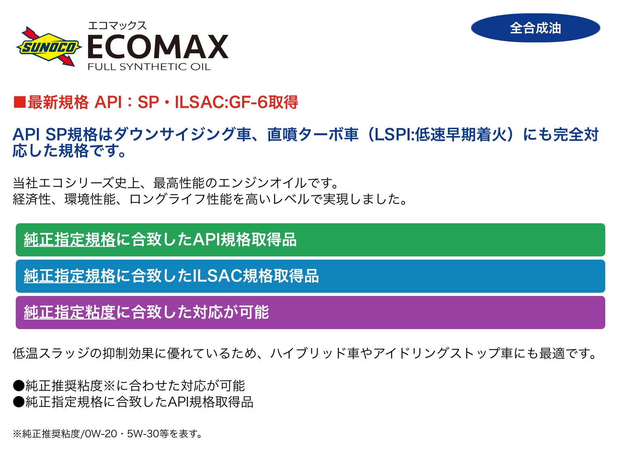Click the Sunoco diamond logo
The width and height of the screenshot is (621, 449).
(49, 46)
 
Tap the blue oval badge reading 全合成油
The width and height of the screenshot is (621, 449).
(535, 28)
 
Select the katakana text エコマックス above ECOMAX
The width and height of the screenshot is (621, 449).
(117, 26)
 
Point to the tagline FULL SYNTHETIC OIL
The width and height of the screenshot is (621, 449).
(149, 67)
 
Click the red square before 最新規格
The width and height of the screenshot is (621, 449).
(19, 102)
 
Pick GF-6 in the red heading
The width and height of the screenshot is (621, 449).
(248, 102)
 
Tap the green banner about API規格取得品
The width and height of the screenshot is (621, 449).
(310, 240)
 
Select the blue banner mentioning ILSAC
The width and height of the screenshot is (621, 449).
(310, 276)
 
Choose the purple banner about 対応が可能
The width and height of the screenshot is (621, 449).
(310, 313)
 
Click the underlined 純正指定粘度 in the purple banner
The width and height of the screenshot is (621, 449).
(70, 312)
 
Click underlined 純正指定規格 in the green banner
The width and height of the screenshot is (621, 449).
(70, 239)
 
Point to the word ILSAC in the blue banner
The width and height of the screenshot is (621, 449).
(217, 276)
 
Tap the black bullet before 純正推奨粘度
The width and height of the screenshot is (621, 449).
(19, 386)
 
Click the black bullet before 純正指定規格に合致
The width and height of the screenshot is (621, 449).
(19, 402)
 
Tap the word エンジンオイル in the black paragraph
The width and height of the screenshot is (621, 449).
(262, 183)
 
